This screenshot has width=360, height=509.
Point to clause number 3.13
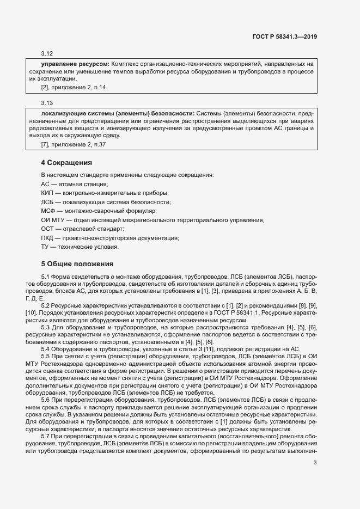click(x=47, y=102)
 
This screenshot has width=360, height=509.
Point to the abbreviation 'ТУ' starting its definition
click(x=45, y=247)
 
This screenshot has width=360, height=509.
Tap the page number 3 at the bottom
click(x=315, y=463)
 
